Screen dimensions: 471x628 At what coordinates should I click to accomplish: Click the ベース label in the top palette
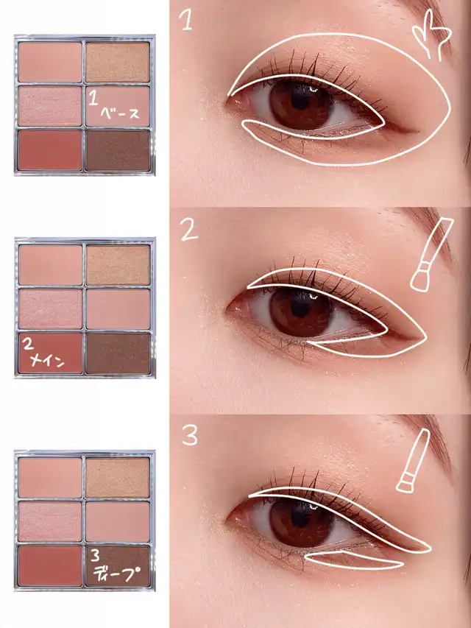(x=120, y=113)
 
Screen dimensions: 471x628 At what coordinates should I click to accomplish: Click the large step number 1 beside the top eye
(x=185, y=20)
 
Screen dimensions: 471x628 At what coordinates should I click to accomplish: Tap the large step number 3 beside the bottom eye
(x=189, y=436)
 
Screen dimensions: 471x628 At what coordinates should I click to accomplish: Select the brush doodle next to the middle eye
(x=431, y=254)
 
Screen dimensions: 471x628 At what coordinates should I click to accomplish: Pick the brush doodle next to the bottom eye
(x=413, y=460)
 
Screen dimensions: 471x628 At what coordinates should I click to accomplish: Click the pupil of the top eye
(x=300, y=100)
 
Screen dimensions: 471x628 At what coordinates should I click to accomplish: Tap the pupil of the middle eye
(x=300, y=308)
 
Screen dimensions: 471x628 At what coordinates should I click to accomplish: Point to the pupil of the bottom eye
(x=300, y=518)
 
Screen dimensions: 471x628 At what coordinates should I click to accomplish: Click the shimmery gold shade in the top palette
(x=117, y=62)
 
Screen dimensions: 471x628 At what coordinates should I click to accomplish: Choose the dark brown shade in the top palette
(x=118, y=150)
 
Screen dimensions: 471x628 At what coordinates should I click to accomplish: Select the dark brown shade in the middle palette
(x=118, y=353)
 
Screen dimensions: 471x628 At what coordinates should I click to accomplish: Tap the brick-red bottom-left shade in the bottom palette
(x=50, y=565)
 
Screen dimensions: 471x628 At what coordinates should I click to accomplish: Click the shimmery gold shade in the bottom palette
(x=117, y=478)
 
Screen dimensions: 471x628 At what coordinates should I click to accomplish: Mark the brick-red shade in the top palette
(x=50, y=150)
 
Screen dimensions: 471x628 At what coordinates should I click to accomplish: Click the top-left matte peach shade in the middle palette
(x=51, y=265)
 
